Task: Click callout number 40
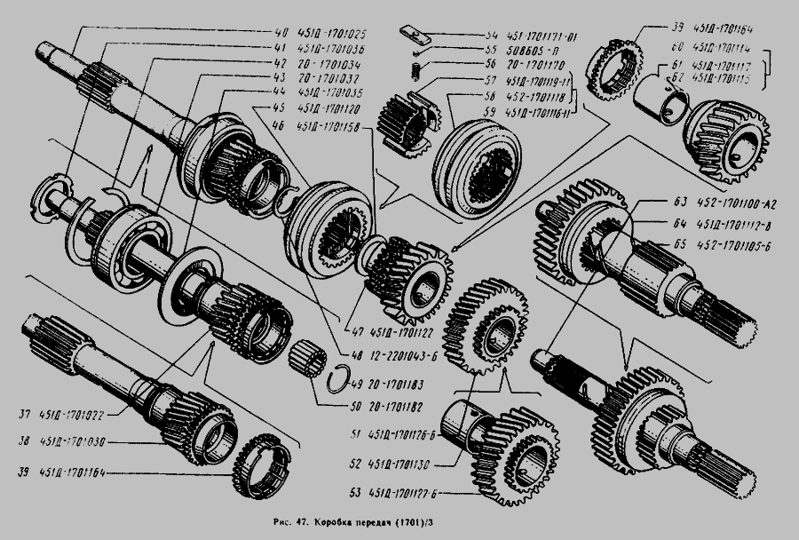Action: [x=281, y=33]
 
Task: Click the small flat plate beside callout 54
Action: [x=413, y=35]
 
